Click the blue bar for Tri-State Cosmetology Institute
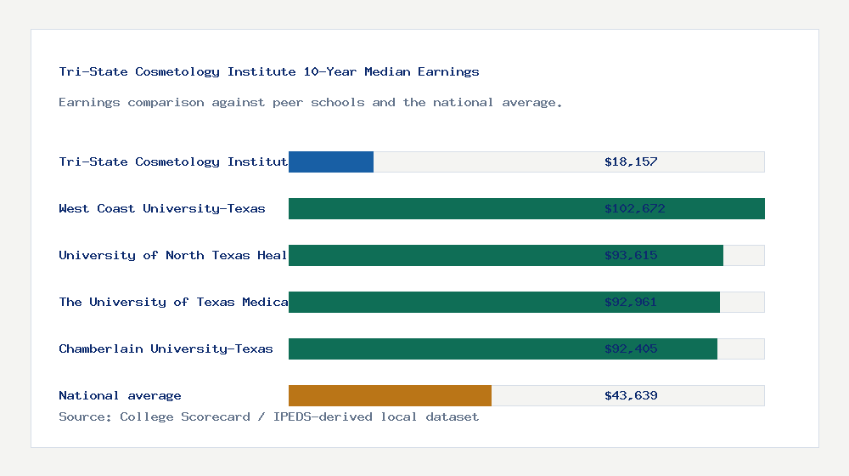[x=331, y=161]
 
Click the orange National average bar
[x=390, y=395]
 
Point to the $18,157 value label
[x=631, y=161]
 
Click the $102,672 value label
[x=634, y=208]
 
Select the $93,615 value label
[x=631, y=255]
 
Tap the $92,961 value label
[x=631, y=302]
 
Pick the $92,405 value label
[x=631, y=348]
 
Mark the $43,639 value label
[x=631, y=395]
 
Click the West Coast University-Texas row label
[x=162, y=208]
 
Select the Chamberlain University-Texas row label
[x=166, y=348]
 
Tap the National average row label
[x=120, y=395]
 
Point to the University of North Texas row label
[x=173, y=255]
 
